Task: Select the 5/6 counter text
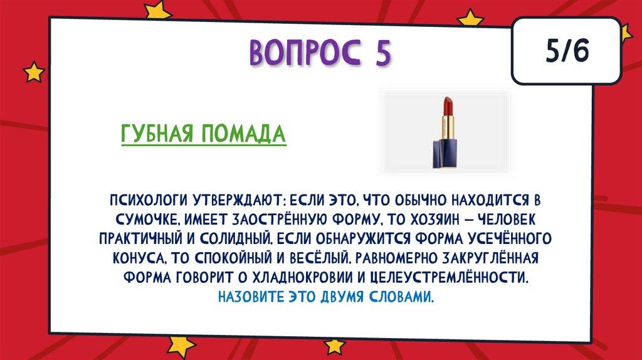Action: click(x=567, y=51)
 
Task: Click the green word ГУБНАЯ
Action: click(x=156, y=134)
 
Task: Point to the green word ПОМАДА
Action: click(x=243, y=134)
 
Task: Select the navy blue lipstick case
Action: click(x=443, y=154)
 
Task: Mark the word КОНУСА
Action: click(x=139, y=258)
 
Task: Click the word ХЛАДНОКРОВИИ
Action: click(x=302, y=277)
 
